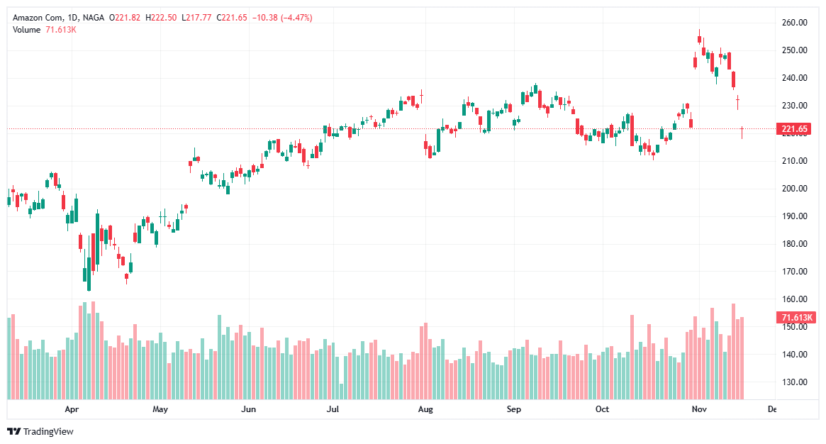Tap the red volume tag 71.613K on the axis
[796, 318]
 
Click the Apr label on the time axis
[71, 409]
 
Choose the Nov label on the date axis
[699, 409]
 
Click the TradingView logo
[40, 431]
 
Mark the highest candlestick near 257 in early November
[699, 38]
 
